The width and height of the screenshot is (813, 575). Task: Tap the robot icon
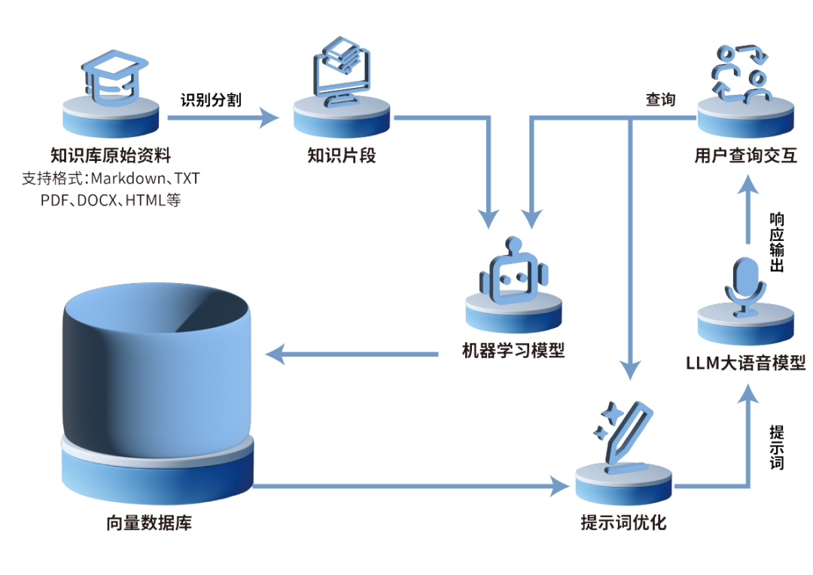[513, 272]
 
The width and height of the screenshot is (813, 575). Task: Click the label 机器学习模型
[513, 351]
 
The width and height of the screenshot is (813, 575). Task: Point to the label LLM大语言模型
[746, 364]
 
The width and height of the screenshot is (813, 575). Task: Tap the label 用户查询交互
[745, 156]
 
